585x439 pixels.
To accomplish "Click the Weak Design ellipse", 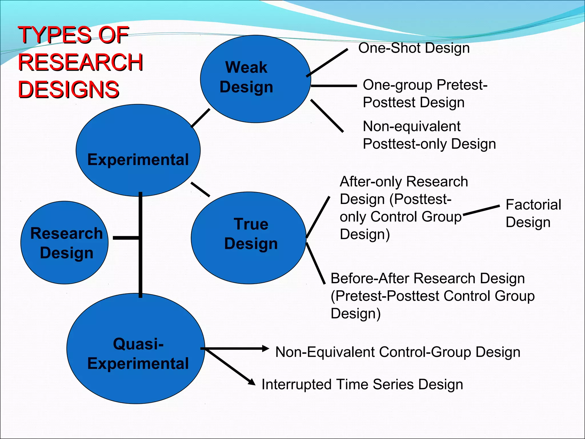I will (255, 79).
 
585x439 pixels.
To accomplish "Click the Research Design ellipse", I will (65, 242).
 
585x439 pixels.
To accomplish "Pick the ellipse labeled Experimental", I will (138, 150).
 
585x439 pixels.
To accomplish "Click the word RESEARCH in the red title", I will (80, 62).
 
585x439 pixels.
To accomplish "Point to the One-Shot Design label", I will (414, 48).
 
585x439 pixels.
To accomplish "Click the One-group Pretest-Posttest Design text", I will (425, 93).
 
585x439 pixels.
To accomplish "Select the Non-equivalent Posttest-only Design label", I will (429, 135).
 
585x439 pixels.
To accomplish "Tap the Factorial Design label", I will (533, 213).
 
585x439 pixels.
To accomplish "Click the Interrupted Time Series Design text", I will (362, 384).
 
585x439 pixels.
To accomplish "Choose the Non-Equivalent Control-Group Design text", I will (398, 352).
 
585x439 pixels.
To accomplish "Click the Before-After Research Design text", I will (432, 296).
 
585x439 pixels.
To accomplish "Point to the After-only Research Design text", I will (403, 208).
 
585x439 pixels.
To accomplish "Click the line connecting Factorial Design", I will (481, 210).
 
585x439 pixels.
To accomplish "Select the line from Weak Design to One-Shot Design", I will (327, 63).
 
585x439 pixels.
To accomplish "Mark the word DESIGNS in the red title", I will (69, 89).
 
